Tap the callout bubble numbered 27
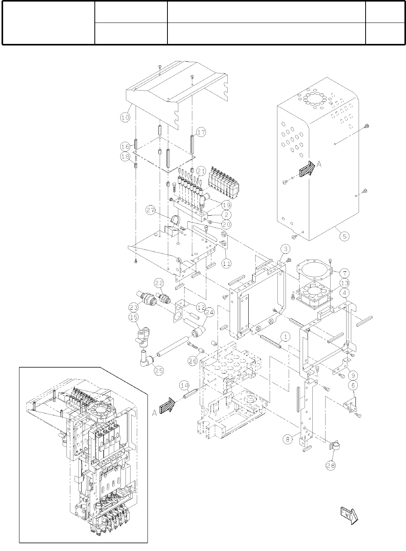(x=152, y=210)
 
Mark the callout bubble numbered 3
(x=285, y=249)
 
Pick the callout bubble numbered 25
(x=159, y=371)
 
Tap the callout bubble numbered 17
(x=201, y=132)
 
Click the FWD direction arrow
(x=348, y=515)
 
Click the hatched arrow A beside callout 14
(x=168, y=407)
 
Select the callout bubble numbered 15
(x=134, y=317)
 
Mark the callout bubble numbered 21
(x=201, y=171)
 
